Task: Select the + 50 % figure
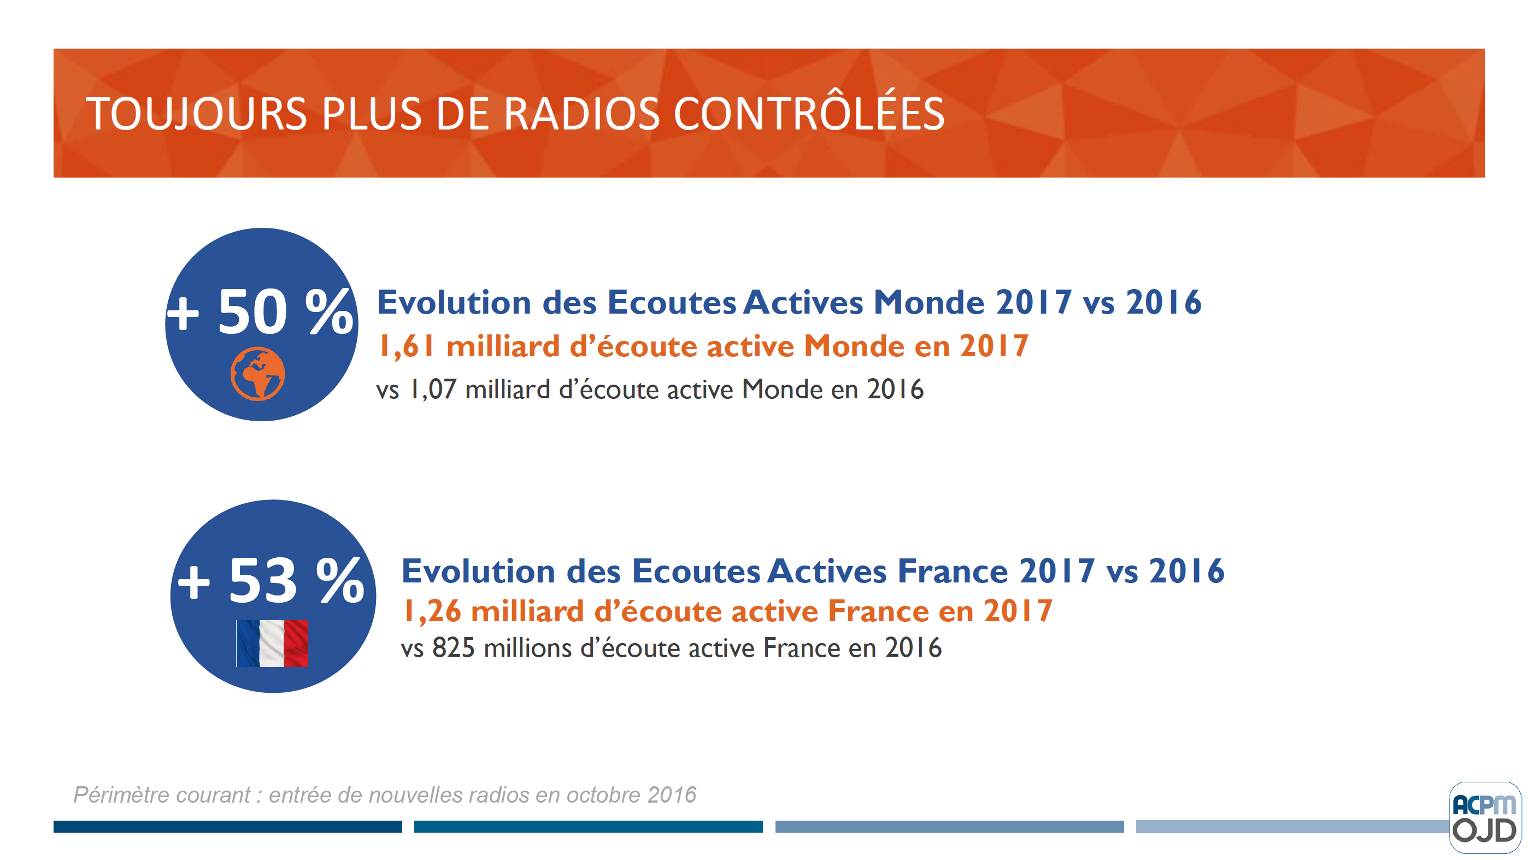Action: coord(260,312)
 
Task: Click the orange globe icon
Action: coord(257,374)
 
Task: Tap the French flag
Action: coord(272,644)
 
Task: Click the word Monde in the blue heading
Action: coord(929,303)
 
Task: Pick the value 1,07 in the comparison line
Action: coord(433,390)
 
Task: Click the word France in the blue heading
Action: coord(953,571)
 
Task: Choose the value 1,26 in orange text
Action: coord(431,611)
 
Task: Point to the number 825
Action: coord(453,647)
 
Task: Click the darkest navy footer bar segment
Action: coord(227,826)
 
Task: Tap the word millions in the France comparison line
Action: coord(527,647)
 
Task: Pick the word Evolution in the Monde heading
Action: coord(454,303)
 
